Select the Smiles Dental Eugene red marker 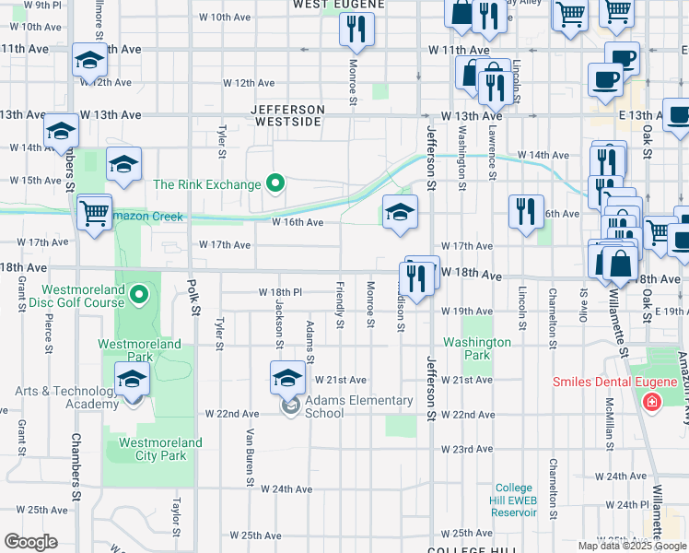(652, 402)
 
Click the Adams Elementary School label (358, 406)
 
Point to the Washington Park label (476, 348)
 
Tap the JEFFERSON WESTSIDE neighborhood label (288, 115)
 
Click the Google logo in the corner (30, 542)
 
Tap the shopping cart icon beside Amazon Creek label (95, 213)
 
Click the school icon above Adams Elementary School (287, 378)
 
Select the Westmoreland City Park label (154, 449)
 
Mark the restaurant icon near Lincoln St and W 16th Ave (525, 212)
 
